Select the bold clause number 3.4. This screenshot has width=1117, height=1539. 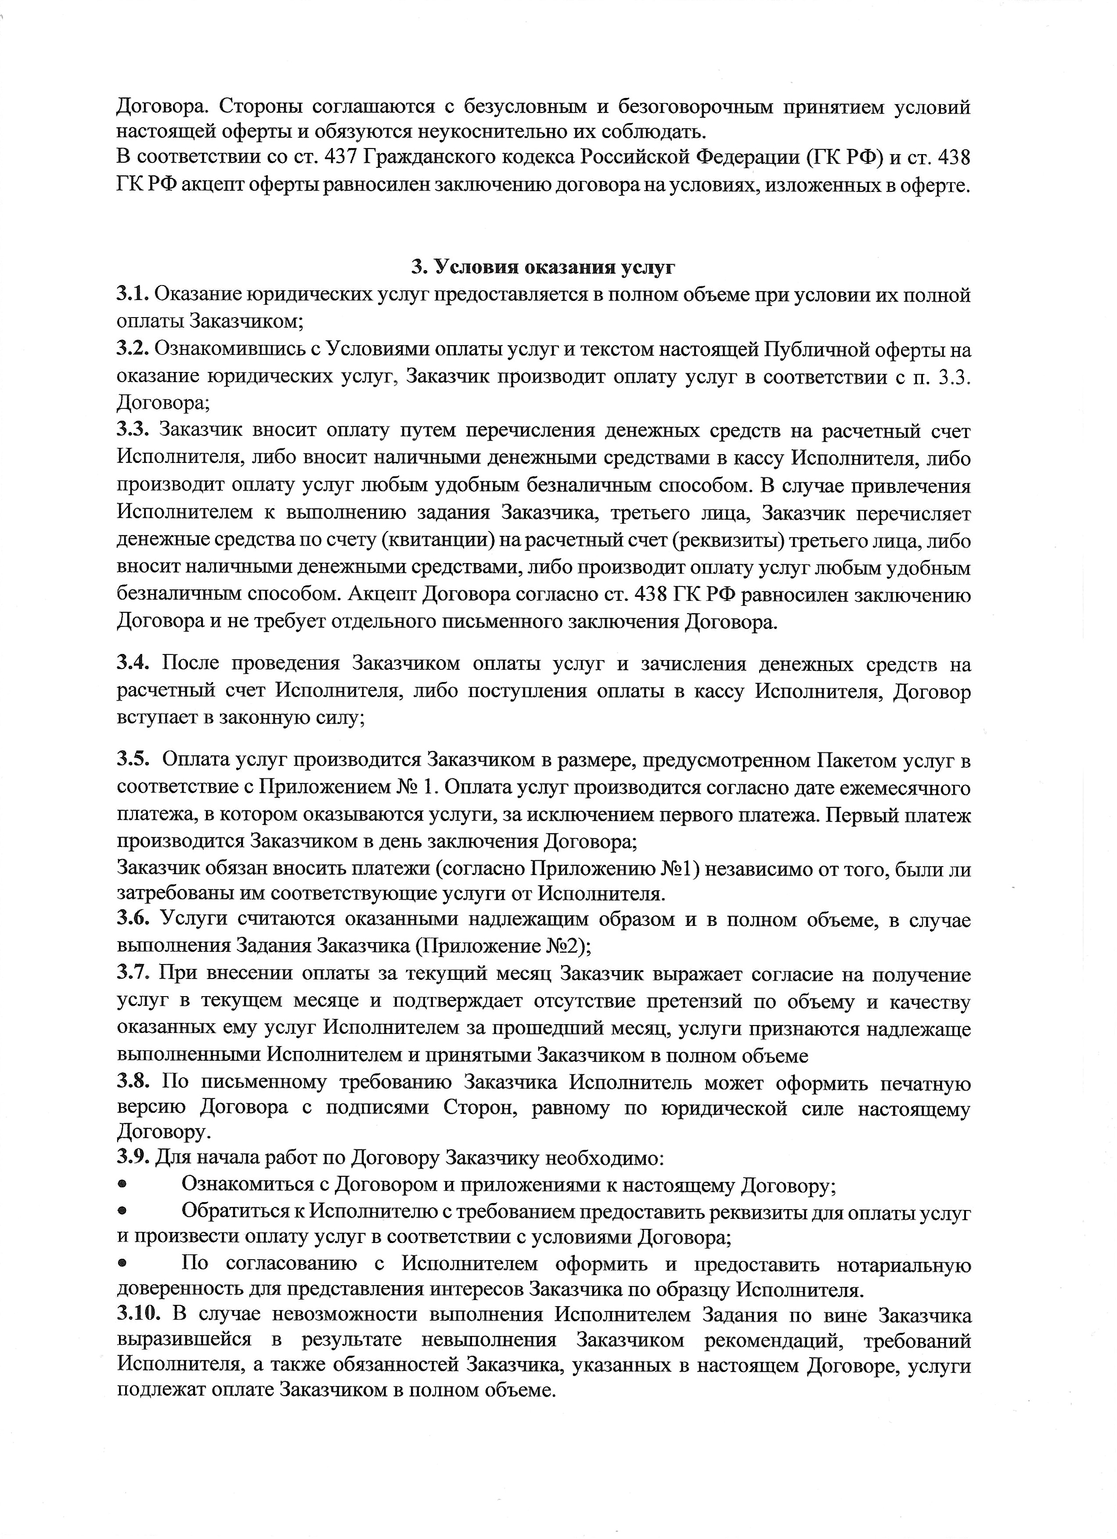point(133,664)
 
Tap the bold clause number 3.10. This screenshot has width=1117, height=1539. point(138,1315)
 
